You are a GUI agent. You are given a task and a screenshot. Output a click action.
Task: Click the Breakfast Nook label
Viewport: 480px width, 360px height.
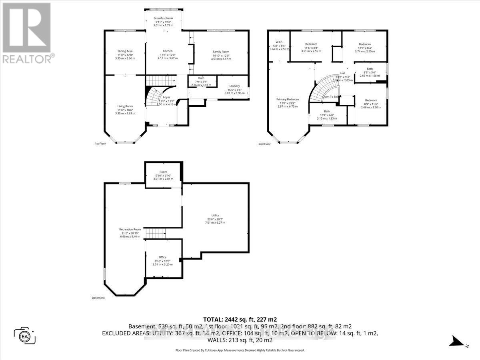(x=164, y=18)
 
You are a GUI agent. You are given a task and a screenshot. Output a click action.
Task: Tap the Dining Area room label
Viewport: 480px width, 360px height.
(x=125, y=51)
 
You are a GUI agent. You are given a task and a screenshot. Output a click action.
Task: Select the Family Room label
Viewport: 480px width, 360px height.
(x=221, y=52)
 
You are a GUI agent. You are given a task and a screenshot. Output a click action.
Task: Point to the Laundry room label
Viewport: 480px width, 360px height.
(x=234, y=86)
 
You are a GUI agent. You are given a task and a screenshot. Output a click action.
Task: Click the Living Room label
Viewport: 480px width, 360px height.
(x=125, y=106)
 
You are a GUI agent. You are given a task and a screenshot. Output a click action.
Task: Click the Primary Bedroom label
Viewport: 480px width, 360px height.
(x=288, y=99)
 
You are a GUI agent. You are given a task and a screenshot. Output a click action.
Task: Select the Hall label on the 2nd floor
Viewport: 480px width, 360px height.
(x=343, y=73)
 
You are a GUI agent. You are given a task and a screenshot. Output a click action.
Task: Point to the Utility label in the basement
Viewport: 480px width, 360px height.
(x=215, y=216)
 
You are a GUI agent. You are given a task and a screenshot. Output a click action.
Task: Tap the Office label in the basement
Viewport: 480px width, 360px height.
(x=162, y=257)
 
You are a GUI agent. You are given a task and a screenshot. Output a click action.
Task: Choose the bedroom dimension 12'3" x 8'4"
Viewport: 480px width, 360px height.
(x=364, y=48)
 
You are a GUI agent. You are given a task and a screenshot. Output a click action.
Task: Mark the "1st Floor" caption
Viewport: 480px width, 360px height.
(x=100, y=144)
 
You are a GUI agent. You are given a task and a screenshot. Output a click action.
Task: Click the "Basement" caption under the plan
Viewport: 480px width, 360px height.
(x=98, y=298)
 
